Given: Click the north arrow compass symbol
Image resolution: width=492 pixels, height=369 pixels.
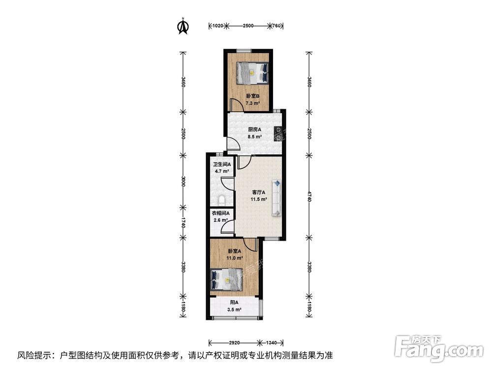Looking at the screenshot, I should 183,27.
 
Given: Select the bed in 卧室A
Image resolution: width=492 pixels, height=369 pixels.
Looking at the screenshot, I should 226,279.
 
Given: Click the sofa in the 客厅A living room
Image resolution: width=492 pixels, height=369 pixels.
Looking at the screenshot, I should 277,198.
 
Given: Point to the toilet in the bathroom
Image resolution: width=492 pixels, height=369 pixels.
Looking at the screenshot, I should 221,200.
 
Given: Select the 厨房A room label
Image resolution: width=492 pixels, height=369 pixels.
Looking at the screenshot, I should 254,130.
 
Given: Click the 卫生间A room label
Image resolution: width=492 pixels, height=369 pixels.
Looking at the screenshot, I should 221,164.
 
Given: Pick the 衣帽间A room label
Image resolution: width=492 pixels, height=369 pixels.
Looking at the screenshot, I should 220,213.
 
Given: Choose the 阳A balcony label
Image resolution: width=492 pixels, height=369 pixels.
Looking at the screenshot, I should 234,303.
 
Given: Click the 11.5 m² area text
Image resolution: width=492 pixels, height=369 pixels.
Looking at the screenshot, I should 259,199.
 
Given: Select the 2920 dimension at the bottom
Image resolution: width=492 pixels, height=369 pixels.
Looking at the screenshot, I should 234,343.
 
